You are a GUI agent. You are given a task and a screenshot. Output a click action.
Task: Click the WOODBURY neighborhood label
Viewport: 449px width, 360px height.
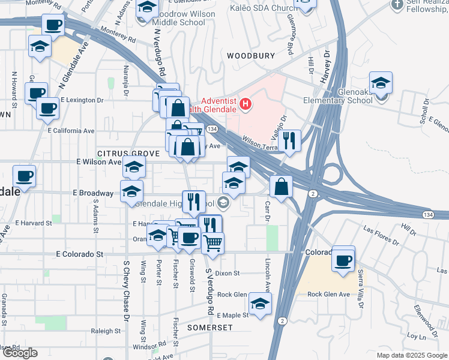pos(251,56)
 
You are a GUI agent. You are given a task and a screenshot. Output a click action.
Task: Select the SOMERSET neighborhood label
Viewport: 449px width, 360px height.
pos(209,328)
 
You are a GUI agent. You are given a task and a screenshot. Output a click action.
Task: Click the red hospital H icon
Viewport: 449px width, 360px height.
pos(245,104)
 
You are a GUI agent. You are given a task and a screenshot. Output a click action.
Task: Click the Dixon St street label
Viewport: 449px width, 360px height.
pos(228,273)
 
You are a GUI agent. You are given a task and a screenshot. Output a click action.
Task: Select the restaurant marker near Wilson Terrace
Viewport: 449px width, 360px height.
pos(289,142)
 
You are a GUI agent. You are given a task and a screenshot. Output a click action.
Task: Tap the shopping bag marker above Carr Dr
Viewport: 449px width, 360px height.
pos(281,187)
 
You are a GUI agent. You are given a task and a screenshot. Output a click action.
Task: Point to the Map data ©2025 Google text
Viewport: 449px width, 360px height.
pos(412,355)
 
